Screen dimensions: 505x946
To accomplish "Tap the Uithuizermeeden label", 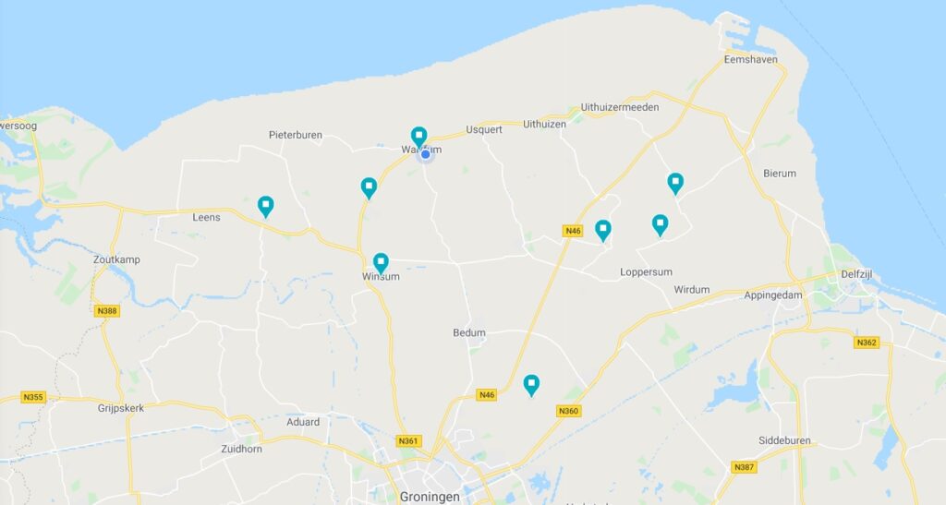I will [x=620, y=107].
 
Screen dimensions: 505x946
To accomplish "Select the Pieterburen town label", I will [x=296, y=135].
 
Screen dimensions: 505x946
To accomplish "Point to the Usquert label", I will [x=484, y=129].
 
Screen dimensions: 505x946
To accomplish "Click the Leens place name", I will [x=206, y=218].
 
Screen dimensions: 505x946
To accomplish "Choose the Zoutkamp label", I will [x=116, y=259].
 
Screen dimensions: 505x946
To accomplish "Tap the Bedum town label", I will [x=469, y=332].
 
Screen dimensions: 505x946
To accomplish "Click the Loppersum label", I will [x=646, y=271].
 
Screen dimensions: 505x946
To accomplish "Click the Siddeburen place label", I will [x=784, y=440].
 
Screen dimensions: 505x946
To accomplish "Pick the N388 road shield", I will [x=106, y=311].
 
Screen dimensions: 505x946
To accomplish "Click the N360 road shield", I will [x=569, y=411].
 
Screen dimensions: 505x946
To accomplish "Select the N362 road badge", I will [x=866, y=343].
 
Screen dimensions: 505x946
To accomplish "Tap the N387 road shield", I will [x=744, y=467].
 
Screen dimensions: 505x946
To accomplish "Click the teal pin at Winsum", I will [x=381, y=263].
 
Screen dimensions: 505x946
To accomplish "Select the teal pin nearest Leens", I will [x=266, y=205].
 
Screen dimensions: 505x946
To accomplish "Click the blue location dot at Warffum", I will [x=426, y=154].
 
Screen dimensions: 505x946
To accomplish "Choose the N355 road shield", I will [x=33, y=398].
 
